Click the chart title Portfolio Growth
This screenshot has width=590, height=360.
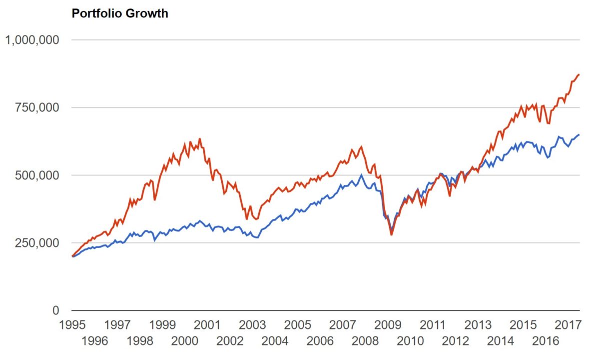(x=120, y=13)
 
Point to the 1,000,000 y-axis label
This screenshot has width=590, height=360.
(x=32, y=39)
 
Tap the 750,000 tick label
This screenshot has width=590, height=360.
(x=38, y=107)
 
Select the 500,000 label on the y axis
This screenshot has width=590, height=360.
(x=38, y=175)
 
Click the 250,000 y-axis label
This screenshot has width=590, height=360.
(x=38, y=243)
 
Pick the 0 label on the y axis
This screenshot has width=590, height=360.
(x=56, y=310)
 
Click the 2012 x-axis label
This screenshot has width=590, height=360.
(x=456, y=341)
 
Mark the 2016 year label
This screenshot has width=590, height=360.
(x=546, y=341)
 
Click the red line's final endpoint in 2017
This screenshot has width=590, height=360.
(x=579, y=74)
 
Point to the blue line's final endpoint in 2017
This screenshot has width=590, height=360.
(x=579, y=134)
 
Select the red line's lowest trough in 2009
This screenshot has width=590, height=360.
(x=392, y=234)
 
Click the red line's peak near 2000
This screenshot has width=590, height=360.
(x=200, y=139)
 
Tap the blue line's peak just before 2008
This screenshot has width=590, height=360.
(x=361, y=175)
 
